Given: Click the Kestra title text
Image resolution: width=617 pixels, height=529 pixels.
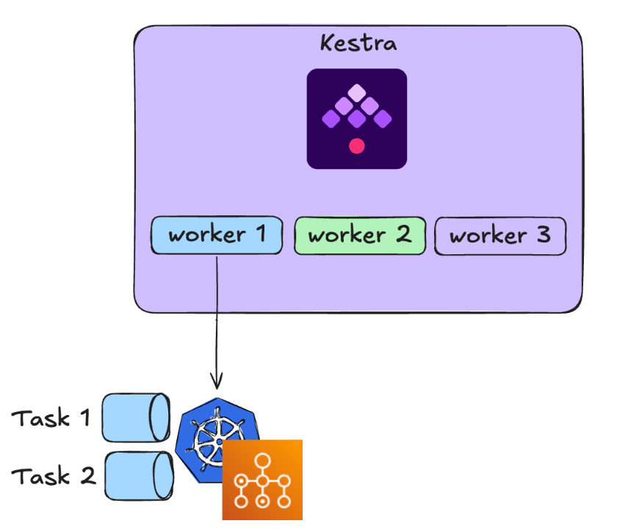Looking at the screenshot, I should (358, 43).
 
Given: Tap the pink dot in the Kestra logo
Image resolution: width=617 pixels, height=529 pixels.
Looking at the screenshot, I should (357, 145).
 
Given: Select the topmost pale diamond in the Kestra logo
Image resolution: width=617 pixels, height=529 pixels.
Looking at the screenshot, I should (356, 93).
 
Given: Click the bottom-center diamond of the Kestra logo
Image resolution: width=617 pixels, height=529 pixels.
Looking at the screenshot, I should (357, 119).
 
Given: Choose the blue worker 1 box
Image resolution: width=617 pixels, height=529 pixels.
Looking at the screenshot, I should (217, 236).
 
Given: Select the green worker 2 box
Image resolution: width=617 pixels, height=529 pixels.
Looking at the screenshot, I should (359, 236).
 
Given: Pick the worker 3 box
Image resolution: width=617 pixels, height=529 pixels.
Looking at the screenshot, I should (500, 236).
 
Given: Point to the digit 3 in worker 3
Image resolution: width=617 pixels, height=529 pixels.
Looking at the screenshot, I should (542, 236).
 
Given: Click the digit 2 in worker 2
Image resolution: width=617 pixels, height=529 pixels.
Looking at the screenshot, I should (403, 236).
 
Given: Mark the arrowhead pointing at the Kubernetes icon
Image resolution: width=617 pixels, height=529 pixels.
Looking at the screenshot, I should (217, 382).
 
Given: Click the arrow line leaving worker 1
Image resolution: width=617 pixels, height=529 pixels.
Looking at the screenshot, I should (217, 316).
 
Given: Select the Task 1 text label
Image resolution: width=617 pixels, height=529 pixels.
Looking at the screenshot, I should (51, 418).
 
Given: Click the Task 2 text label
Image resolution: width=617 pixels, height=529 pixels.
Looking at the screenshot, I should (54, 476).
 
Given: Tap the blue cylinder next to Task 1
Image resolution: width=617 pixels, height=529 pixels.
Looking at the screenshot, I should (136, 417).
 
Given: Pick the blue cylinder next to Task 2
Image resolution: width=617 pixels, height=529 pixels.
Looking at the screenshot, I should (137, 475).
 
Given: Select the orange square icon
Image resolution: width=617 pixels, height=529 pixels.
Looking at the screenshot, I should (262, 480).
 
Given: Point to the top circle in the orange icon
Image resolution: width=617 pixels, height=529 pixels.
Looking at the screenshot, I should (262, 460).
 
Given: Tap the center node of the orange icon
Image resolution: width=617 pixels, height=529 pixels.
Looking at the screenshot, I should (262, 481).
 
